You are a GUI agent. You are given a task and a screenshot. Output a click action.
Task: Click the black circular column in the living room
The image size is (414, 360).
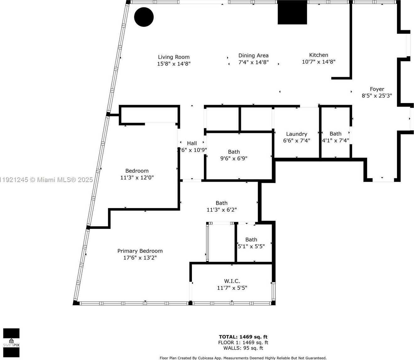[144, 17]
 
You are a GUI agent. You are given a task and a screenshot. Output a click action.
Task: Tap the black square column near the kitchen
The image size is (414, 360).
[292, 13]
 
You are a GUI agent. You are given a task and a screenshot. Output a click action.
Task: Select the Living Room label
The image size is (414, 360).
[174, 57]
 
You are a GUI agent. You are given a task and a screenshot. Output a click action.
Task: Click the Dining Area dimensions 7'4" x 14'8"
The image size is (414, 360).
[253, 62]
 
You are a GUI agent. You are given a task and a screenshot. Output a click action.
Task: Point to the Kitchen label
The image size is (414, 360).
[319, 55]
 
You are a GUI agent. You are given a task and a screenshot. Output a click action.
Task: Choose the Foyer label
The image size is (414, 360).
[377, 89]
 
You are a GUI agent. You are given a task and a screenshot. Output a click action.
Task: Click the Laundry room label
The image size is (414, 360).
[297, 134]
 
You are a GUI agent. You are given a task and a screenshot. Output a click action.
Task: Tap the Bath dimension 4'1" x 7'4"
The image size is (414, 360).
[335, 141]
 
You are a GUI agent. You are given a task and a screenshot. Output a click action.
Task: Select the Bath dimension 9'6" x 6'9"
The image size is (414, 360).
[234, 158]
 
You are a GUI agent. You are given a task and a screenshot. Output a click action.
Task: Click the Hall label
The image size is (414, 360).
[192, 143]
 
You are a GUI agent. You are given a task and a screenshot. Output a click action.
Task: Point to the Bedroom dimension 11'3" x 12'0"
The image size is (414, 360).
[137, 178]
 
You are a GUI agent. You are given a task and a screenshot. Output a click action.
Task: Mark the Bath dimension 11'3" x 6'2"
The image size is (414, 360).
[221, 210]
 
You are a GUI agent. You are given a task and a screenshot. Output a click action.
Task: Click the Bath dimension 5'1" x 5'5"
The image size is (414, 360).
[251, 246]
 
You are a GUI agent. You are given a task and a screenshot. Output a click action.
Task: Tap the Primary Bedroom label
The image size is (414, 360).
[140, 251]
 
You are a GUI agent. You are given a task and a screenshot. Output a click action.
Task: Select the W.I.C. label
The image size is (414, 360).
[232, 281]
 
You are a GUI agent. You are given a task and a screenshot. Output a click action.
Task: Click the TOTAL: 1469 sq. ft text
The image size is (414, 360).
[243, 337]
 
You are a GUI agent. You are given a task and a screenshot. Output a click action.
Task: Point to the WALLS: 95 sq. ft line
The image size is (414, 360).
[243, 348]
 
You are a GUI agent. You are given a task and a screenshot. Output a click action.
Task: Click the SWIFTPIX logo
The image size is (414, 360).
[11, 343]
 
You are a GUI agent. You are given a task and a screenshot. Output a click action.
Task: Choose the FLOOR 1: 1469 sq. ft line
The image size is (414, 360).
[243, 342]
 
